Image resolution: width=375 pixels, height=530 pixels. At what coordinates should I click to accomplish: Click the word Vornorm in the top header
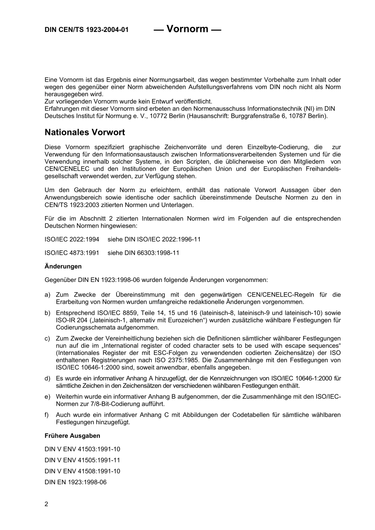(x=187, y=29)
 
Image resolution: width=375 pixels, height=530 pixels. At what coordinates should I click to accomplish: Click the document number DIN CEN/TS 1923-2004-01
(x=86, y=30)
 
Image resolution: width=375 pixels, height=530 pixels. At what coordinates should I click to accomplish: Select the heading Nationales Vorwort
(x=84, y=132)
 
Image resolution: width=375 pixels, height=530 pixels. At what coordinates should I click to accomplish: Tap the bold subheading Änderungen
(x=63, y=266)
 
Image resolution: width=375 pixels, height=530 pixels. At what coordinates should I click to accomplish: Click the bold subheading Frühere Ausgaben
(x=72, y=436)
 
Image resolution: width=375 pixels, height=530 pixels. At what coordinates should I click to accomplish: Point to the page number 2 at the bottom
(x=47, y=504)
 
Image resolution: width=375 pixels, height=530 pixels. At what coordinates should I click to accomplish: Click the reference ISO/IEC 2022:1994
(x=72, y=239)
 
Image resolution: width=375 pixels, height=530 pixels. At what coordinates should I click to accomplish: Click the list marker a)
(x=47, y=295)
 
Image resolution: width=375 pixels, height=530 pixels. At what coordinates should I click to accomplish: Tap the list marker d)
(x=47, y=379)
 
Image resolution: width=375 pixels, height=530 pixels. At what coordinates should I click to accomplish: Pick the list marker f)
(x=47, y=415)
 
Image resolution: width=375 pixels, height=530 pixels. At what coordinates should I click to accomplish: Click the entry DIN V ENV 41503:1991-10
(x=82, y=449)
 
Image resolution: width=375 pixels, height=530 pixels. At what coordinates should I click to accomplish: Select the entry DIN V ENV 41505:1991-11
(x=82, y=460)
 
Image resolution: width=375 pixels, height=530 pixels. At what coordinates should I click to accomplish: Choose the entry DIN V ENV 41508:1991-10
(x=82, y=471)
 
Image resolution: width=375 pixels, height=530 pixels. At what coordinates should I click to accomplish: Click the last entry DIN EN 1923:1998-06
(x=75, y=482)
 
